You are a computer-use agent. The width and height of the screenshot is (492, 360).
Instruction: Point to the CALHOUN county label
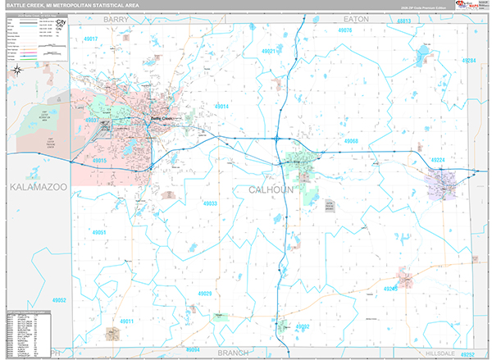point(271,189)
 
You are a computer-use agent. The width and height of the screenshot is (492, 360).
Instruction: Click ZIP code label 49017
point(91,39)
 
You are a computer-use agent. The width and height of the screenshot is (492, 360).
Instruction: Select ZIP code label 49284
point(468,61)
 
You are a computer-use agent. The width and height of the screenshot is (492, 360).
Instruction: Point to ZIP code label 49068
point(351,141)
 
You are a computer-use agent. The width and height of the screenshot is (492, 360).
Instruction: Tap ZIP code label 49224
point(439,160)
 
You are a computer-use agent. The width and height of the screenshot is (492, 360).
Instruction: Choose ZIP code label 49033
point(210,203)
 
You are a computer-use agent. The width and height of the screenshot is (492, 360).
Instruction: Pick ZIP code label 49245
point(390,289)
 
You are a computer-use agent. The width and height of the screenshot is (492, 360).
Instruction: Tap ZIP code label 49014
point(222,107)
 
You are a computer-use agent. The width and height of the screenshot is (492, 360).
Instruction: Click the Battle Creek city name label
point(162,118)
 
